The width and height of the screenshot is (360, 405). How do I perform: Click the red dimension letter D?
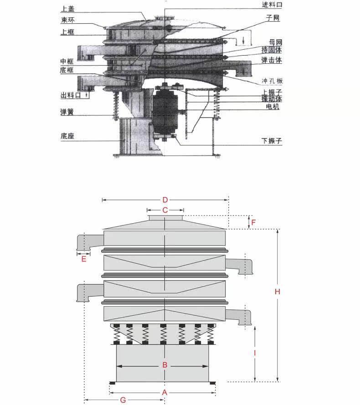[165, 200]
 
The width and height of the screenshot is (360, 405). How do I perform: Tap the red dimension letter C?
[165, 210]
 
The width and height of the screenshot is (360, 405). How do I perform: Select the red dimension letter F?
[253, 222]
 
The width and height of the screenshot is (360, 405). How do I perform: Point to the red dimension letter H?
[278, 292]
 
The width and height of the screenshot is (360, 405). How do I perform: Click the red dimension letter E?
[84, 259]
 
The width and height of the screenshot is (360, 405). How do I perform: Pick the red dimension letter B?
[165, 365]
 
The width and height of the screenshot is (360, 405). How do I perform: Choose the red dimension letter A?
[165, 393]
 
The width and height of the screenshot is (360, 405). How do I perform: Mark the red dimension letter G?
[123, 400]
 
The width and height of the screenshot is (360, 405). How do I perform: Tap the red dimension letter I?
[255, 353]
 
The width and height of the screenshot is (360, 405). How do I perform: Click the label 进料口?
[272, 5]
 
